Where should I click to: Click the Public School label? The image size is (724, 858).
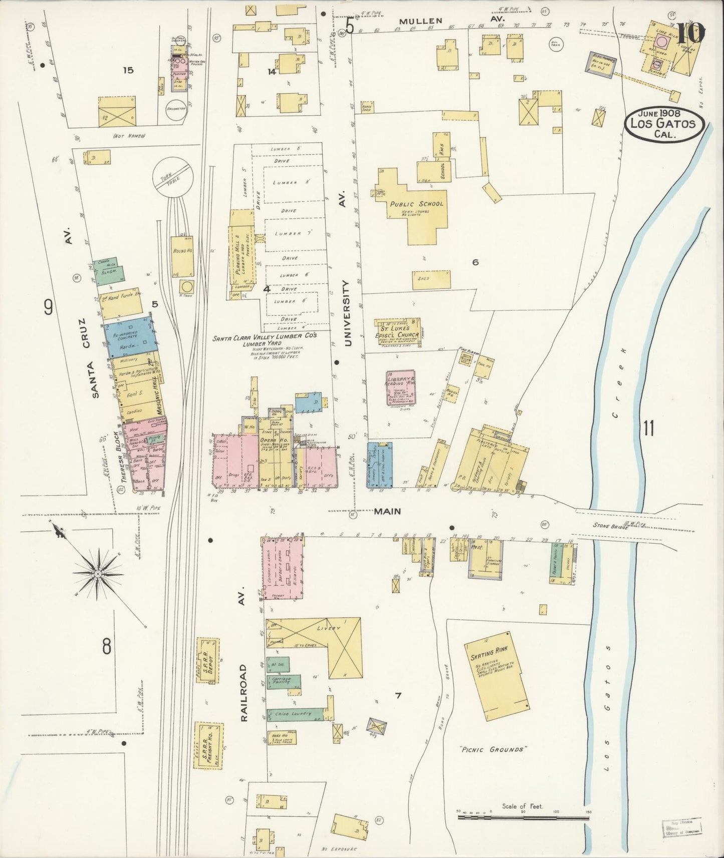(416, 204)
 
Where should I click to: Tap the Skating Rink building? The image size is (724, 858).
(496, 676)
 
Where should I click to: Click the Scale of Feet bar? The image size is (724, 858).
(523, 817)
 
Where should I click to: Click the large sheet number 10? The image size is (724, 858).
(692, 34)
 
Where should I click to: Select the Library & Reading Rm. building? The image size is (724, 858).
(400, 388)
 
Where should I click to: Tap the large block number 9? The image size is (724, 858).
(48, 307)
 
